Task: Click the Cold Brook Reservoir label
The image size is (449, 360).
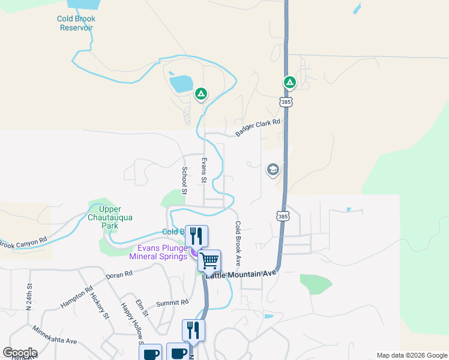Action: [x=76, y=23]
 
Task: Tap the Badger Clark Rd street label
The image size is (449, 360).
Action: [x=258, y=127]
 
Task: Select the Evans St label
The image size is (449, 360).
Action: [x=204, y=171]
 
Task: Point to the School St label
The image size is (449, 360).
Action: [x=185, y=181]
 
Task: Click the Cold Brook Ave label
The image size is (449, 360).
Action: [x=238, y=244]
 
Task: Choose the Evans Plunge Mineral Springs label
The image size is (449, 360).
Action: [x=158, y=252]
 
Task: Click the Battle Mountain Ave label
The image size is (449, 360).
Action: [x=241, y=274]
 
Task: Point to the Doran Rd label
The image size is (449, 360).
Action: [x=118, y=275]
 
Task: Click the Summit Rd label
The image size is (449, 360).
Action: [x=173, y=303]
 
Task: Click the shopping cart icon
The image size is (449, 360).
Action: [x=209, y=260]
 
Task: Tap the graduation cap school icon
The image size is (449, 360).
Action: [x=273, y=170]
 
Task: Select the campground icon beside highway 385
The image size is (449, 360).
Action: [x=289, y=82]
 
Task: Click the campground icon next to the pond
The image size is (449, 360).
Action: [x=201, y=94]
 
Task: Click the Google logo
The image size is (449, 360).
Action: [x=20, y=353]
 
